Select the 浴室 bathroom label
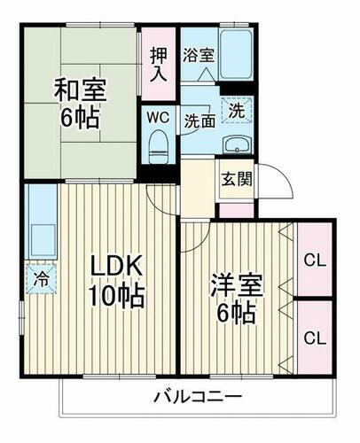pyautogui.click(x=198, y=54)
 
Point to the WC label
pyautogui.click(x=158, y=117)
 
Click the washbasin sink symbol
pyautogui.click(x=235, y=145)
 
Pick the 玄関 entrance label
pyautogui.click(x=237, y=178)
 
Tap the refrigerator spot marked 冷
pyautogui.click(x=40, y=276)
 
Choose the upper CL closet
pyautogui.click(x=313, y=260)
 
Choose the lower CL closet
pyautogui.click(x=313, y=338)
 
